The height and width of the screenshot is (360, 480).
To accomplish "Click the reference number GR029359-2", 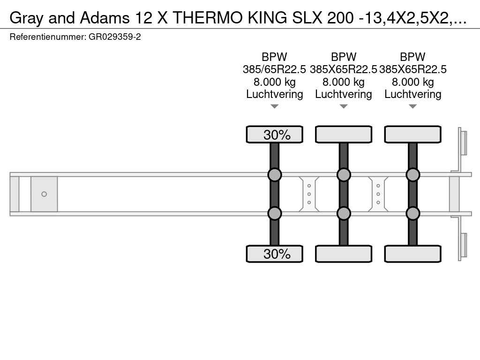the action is click(115, 37).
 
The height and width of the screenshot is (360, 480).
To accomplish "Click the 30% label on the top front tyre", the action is click(277, 135).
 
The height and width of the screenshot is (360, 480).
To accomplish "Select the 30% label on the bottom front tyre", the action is click(277, 254).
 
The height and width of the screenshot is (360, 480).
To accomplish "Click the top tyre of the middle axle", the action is click(344, 135).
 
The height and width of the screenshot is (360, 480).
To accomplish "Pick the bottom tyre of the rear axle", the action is click(412, 254).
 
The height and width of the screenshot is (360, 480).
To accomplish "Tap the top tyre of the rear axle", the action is click(412, 135).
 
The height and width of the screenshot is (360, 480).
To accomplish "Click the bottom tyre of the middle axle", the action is click(344, 254).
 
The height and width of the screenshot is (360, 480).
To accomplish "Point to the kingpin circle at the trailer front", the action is click(44, 194).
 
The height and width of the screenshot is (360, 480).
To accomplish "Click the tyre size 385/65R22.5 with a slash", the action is click(274, 69).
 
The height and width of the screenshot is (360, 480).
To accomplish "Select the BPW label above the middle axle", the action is click(344, 57).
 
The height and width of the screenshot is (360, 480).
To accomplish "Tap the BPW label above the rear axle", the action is click(412, 57).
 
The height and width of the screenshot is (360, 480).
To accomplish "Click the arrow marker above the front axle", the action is click(275, 106).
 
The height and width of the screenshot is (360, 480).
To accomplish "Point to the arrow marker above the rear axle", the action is click(412, 106).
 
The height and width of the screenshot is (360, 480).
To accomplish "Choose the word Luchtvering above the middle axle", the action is click(344, 94).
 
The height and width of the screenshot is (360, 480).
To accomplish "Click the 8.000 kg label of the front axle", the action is click(275, 82).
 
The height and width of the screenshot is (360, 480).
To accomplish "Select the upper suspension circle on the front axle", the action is click(275, 175).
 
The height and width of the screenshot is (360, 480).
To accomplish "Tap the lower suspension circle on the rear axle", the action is click(412, 213).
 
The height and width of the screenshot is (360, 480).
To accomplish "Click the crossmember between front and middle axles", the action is click(309, 194).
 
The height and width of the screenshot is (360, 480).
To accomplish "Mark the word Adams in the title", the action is click(105, 18).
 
